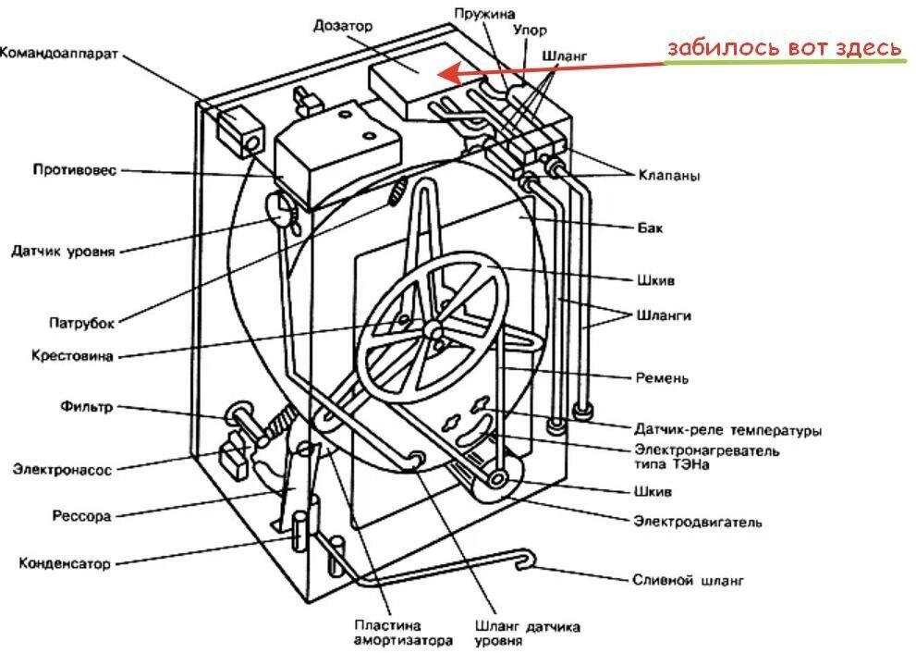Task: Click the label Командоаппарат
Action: [x=58, y=54]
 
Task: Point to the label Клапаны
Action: [x=667, y=174]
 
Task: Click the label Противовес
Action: [x=75, y=170]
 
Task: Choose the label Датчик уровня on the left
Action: [x=63, y=251]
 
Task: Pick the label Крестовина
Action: [x=71, y=355]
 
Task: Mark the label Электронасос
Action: [x=62, y=470]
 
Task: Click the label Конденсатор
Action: [x=65, y=562]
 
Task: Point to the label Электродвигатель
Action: [x=697, y=522]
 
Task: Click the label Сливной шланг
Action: [x=688, y=581]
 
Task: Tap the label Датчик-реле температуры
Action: [x=727, y=430]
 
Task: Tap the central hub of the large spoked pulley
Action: [x=433, y=330]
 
